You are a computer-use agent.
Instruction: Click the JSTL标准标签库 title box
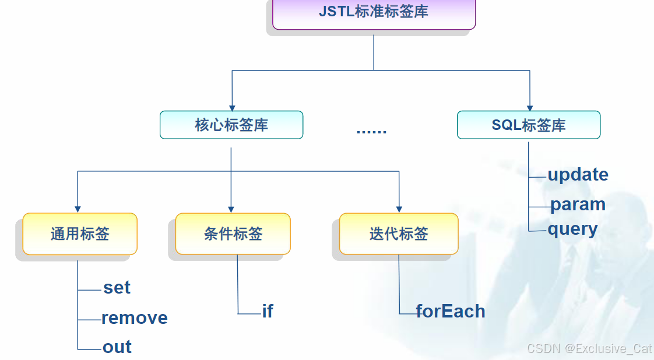click(x=374, y=12)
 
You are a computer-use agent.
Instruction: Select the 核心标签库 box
click(x=231, y=125)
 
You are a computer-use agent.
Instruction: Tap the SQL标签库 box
click(x=529, y=125)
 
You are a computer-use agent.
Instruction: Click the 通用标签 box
click(x=80, y=234)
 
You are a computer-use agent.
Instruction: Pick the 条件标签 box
click(x=233, y=234)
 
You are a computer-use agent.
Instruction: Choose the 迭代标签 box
click(x=399, y=234)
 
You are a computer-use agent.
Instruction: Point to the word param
click(x=578, y=204)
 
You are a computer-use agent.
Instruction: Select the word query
click(x=572, y=229)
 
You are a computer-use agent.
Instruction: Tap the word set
click(x=117, y=288)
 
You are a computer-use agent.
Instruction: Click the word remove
click(x=135, y=318)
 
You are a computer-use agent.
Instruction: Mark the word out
click(x=117, y=347)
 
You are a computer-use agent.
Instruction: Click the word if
click(x=268, y=312)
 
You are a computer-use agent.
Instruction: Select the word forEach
click(x=451, y=312)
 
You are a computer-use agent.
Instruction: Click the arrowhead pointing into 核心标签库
click(x=232, y=108)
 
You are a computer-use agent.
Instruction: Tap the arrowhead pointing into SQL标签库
click(x=529, y=108)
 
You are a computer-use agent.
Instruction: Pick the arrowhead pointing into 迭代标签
click(x=399, y=209)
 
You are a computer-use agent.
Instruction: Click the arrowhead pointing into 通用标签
click(x=78, y=209)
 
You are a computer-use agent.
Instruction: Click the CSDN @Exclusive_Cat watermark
click(x=589, y=348)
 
